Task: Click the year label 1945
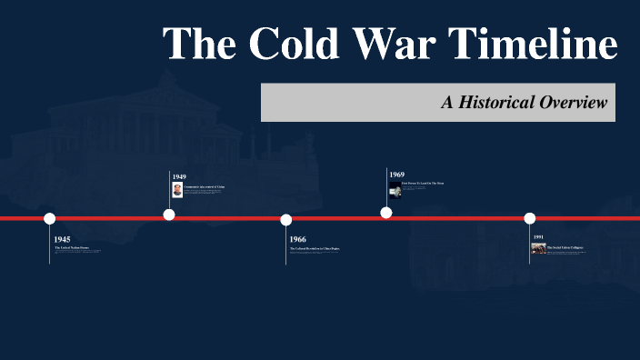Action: pos(62,239)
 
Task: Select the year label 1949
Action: pos(179,176)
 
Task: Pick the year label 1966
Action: pos(298,239)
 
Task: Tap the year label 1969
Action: pos(397,174)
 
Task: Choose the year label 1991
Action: pos(538,237)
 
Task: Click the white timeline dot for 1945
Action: pos(50,218)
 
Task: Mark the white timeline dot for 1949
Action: pos(169,215)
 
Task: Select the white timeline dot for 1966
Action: pos(286,219)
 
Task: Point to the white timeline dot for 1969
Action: pos(386,213)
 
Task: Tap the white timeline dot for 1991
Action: pos(530,218)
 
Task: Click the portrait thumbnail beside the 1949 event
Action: pos(177,189)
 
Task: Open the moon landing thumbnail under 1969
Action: pos(395,185)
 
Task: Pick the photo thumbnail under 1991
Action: pos(539,247)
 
